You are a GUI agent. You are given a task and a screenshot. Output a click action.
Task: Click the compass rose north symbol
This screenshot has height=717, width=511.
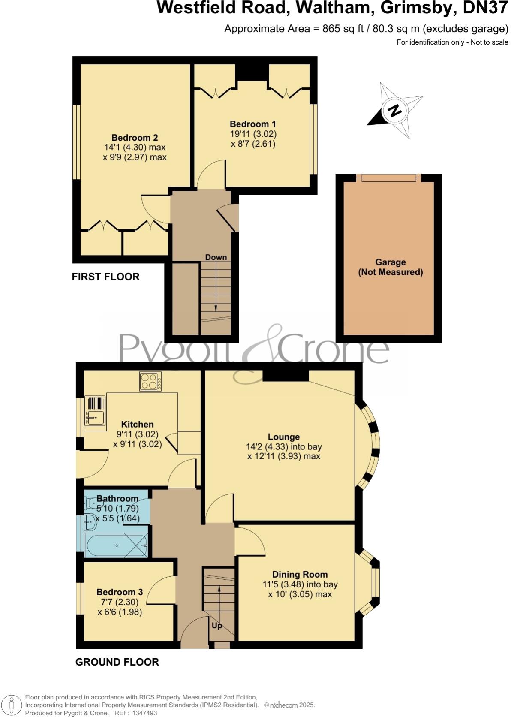395,110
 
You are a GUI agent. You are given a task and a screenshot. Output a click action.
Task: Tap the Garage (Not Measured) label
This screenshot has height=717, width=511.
390,267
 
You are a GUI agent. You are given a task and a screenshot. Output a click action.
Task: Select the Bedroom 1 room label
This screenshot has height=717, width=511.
253,124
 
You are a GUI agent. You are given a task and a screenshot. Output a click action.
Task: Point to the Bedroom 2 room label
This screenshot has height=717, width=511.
135,138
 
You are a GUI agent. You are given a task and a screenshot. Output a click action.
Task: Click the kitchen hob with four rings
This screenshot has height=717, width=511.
150,381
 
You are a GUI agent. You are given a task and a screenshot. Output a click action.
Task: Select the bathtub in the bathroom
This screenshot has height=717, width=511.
116,545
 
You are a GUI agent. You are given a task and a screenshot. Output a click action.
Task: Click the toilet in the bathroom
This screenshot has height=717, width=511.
92,502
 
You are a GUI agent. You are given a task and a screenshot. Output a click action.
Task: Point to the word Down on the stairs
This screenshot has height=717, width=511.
216,257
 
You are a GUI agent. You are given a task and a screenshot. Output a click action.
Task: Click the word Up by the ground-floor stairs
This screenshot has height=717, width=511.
217,626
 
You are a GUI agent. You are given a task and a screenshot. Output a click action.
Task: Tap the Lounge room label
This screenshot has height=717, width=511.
283,437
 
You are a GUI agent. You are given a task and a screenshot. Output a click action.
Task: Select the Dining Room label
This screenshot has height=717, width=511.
300,575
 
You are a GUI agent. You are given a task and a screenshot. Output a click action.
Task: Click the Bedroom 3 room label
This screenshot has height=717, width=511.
120,592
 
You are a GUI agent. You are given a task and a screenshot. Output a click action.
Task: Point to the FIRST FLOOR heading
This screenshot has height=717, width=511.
105,277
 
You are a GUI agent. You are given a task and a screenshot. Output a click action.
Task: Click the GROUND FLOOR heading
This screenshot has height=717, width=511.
117,662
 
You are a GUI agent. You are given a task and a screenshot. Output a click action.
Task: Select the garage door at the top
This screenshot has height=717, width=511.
388,178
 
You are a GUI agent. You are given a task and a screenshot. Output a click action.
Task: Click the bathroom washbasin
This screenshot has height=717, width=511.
90,521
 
